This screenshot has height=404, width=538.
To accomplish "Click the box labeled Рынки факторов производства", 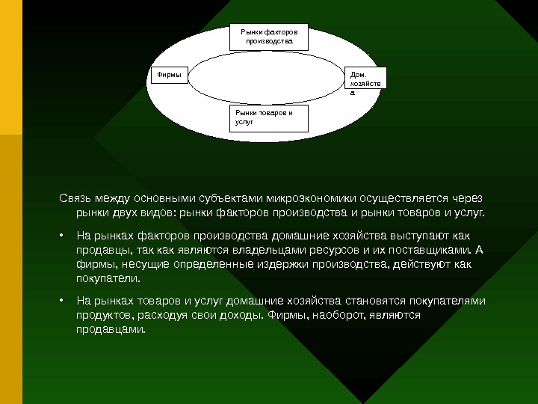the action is pyautogui.click(x=269, y=38).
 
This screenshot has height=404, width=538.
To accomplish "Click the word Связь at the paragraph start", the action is pyautogui.click(x=77, y=199).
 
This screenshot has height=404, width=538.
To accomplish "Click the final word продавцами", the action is pyautogui.click(x=108, y=329).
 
